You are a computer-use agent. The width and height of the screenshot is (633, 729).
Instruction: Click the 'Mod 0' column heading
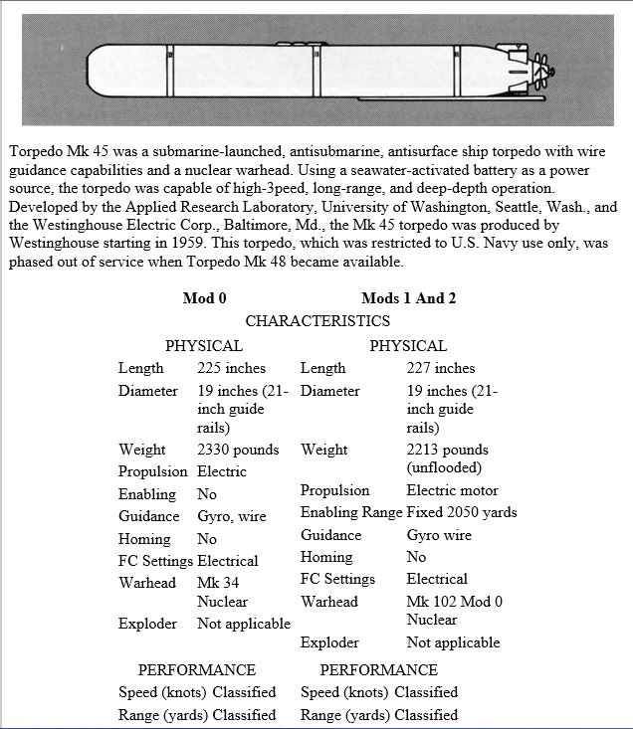tap(205, 298)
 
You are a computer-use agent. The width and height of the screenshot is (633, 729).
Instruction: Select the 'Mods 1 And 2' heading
tap(409, 298)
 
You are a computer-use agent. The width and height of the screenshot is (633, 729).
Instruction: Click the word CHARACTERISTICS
tap(316, 321)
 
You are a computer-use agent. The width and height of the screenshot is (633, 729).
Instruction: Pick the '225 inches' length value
tap(232, 368)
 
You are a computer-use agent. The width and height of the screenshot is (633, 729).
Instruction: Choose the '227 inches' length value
tap(441, 368)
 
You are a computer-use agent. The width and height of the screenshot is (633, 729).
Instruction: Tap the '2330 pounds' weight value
tap(238, 450)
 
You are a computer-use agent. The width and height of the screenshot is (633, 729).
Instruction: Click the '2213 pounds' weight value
tap(448, 450)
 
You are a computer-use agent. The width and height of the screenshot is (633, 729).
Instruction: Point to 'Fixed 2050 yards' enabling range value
tap(462, 512)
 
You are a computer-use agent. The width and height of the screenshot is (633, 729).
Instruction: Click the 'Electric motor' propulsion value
tap(453, 490)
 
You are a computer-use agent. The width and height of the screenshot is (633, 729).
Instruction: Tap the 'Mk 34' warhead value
tap(218, 583)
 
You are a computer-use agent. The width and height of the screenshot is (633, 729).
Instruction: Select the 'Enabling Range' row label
tap(350, 512)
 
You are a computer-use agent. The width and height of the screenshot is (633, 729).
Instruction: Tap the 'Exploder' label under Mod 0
tap(147, 624)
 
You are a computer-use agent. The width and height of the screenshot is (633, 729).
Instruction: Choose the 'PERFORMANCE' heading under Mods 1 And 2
tap(378, 669)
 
